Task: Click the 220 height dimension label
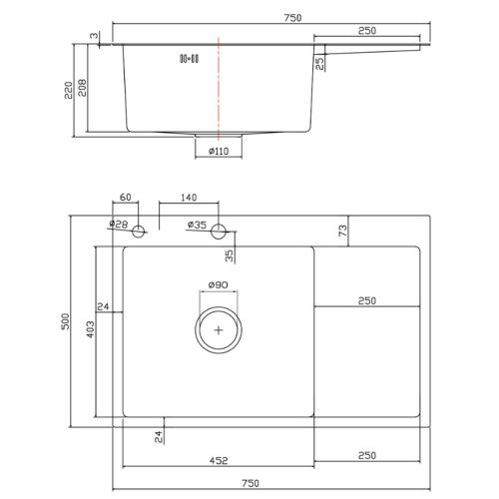(x=69, y=90)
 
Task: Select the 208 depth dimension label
(x=82, y=88)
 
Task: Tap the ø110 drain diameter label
(x=219, y=152)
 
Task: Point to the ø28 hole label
(x=119, y=224)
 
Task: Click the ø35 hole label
(x=197, y=225)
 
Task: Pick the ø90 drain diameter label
(x=219, y=284)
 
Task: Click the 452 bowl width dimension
(x=219, y=460)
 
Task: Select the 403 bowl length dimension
(x=91, y=329)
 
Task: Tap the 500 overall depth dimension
(x=66, y=321)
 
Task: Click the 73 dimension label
(x=342, y=231)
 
